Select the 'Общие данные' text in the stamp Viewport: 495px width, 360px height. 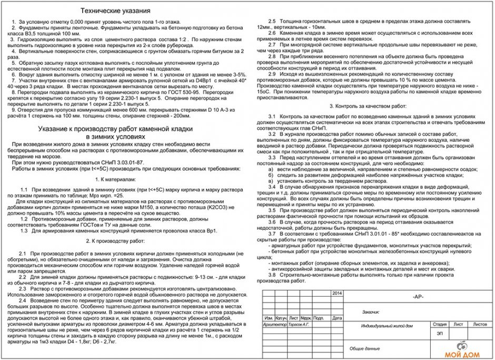click(x=364, y=348)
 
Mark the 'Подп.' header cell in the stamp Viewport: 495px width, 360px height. click(x=319, y=319)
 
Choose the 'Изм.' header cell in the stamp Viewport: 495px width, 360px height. click(x=268, y=319)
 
